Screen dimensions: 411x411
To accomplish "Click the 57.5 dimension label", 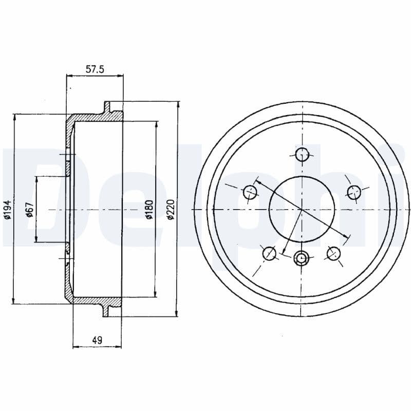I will (x=95, y=69).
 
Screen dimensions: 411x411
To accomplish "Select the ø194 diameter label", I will (x=7, y=210).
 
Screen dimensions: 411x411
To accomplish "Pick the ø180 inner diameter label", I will (x=149, y=210).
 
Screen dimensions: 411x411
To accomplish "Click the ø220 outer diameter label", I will (x=171, y=210).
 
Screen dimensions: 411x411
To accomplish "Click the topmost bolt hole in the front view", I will (x=302, y=154).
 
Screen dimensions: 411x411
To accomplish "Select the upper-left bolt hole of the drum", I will (x=250, y=192).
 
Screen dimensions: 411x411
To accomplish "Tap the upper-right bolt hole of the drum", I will (x=353, y=192).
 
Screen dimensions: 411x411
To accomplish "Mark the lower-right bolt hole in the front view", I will (x=334, y=253).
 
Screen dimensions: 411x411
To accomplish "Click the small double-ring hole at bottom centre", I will (x=302, y=258).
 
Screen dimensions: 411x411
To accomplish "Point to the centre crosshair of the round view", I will (x=302, y=210).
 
